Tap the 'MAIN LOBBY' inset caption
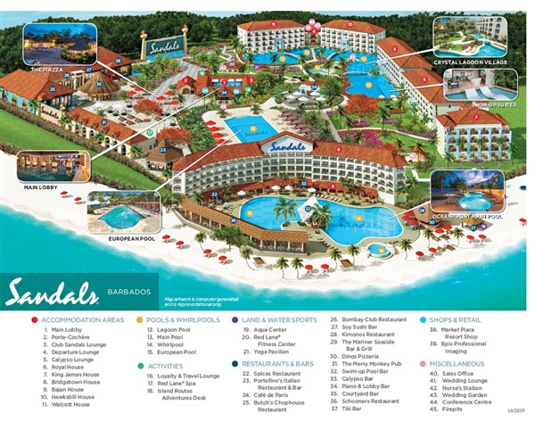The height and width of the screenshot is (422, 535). tap(41, 187)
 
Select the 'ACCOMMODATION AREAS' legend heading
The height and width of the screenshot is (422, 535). tap(83, 319)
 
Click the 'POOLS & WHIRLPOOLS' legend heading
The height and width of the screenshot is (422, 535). tap(184, 319)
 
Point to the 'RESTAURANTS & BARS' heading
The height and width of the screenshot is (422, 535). tap(278, 364)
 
